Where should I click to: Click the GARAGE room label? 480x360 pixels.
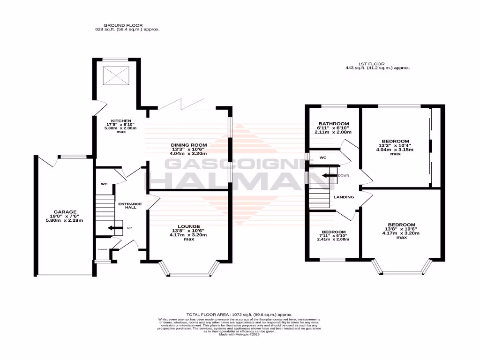coord(65,212)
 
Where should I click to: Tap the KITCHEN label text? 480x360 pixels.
coord(115,120)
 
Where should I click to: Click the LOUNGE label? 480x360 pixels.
coord(189,226)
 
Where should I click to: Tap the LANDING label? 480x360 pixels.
coord(344,197)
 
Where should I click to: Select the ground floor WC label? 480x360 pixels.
coord(104,184)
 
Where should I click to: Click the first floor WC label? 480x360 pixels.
coord(322,157)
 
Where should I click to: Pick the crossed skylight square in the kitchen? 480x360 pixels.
coord(115,75)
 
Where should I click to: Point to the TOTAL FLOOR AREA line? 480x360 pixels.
coord(240,315)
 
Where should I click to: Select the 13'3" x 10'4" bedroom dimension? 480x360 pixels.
coord(395,145)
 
